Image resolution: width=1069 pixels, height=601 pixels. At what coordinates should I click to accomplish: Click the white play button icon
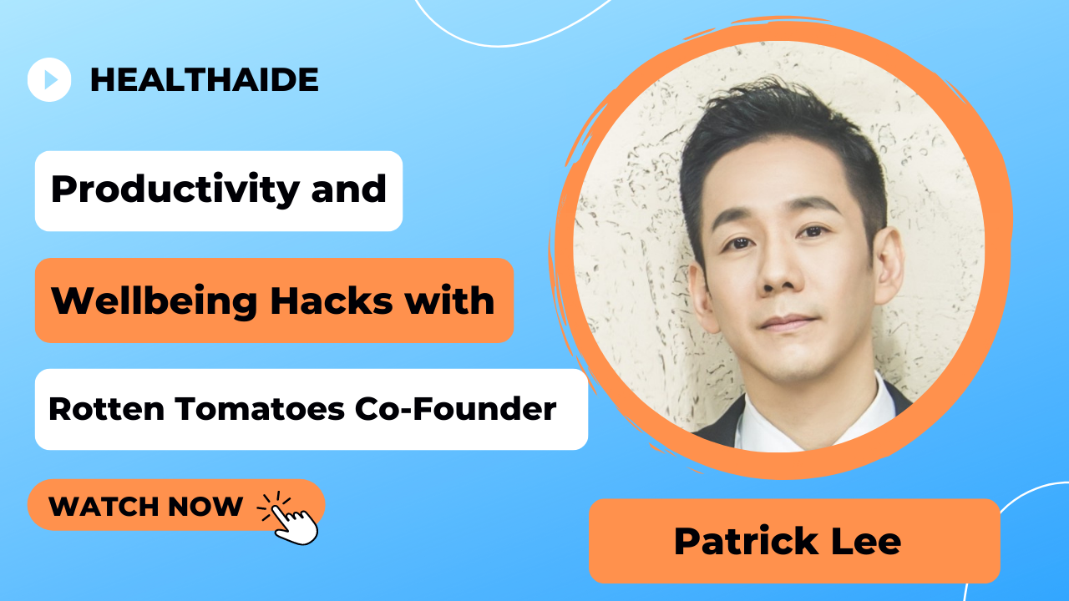point(49,79)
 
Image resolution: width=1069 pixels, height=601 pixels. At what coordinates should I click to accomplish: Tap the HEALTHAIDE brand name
point(205,79)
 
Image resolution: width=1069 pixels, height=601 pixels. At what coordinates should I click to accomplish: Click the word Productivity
point(175,189)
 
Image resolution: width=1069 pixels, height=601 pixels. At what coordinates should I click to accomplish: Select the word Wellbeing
point(155,302)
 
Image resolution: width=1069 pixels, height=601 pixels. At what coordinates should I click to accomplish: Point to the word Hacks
point(332,301)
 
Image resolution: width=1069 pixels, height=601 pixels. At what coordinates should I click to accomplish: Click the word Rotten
point(106,409)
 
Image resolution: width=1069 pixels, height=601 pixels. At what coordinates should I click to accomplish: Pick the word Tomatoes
point(260,409)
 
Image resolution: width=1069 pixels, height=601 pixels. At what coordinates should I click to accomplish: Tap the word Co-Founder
point(456,409)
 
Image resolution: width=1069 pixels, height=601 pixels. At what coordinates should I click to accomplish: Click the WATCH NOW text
point(145,506)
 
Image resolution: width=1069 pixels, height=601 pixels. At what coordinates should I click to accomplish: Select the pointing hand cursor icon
point(290,518)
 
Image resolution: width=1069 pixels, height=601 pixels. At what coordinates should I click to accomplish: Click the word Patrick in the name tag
point(747,542)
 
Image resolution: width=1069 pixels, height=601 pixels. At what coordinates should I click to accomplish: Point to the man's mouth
point(788,322)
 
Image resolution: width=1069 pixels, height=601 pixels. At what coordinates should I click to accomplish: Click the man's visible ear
point(889,265)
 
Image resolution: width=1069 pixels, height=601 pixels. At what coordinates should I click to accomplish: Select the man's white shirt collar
point(811,420)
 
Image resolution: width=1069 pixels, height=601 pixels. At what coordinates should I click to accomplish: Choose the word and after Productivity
point(348,189)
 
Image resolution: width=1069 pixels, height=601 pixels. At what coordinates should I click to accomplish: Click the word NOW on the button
point(205,506)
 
